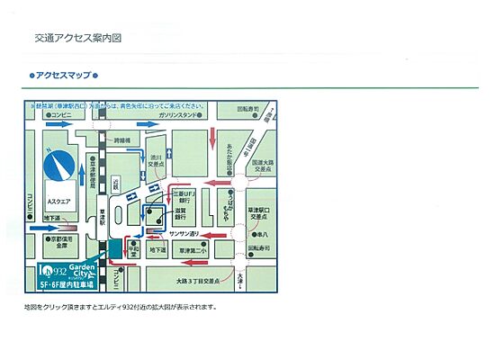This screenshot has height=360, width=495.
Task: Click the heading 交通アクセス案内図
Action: (x=77, y=40)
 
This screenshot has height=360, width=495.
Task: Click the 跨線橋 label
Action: (x=121, y=141)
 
